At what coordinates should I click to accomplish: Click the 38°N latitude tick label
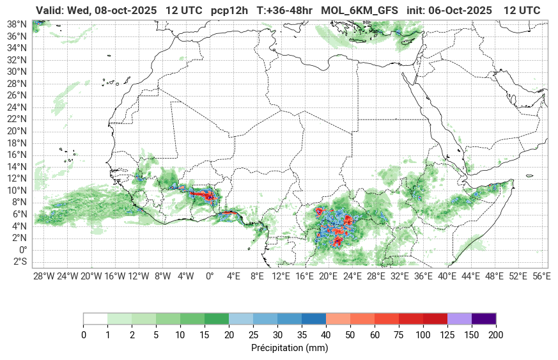[17, 24]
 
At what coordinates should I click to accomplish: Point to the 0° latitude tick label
[23, 249]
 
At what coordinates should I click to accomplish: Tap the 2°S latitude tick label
[20, 262]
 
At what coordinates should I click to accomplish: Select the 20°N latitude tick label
[17, 130]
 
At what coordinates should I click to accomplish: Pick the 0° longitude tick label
[210, 276]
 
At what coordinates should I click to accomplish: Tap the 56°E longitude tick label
[541, 276]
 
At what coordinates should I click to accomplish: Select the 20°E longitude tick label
[329, 276]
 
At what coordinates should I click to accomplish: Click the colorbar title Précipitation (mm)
[290, 348]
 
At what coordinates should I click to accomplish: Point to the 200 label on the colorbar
[496, 335]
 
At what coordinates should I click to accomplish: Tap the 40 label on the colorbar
[326, 335]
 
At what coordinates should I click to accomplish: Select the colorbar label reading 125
[447, 335]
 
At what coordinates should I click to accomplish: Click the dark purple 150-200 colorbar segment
[484, 319]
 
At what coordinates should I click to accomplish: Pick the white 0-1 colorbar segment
[95, 319]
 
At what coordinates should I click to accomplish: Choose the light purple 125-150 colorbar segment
[460, 319]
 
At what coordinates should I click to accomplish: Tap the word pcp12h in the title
[231, 11]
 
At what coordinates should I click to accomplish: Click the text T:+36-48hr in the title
[285, 11]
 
